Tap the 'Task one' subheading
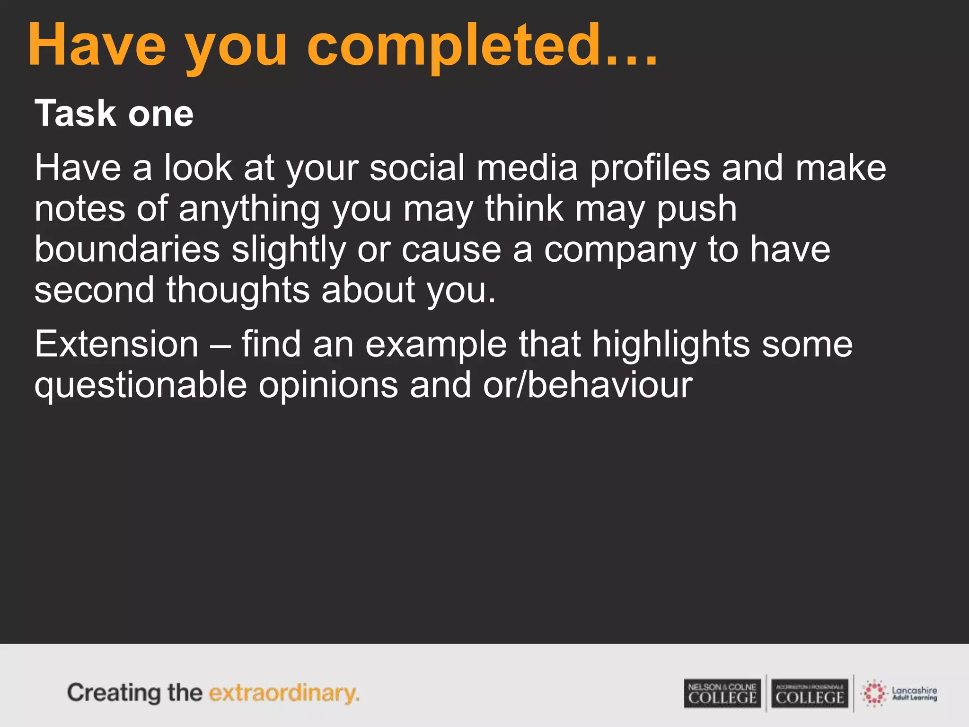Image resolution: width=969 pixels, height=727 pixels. tap(114, 114)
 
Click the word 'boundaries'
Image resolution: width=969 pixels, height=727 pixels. tap(127, 249)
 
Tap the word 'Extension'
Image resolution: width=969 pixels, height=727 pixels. tap(116, 344)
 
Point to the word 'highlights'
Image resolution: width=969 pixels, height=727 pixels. tap(671, 344)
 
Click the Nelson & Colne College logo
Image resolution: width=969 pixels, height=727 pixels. tap(722, 693)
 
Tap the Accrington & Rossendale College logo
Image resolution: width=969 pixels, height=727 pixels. tap(810, 693)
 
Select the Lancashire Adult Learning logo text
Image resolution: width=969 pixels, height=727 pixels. tap(914, 693)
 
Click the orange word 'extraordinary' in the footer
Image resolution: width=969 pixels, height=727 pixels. tap(284, 693)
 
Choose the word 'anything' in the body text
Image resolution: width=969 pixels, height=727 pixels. tap(249, 208)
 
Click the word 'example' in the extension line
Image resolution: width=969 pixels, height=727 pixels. tap(436, 344)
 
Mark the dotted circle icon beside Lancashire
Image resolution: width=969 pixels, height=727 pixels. tap(874, 693)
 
